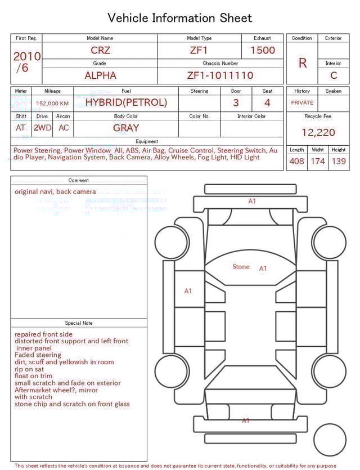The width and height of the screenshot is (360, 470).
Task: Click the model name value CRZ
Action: [x=100, y=50]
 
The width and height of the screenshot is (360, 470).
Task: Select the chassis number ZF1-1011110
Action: [x=220, y=75]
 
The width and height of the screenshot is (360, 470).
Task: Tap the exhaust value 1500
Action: [x=262, y=50]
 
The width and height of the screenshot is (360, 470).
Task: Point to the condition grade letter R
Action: [x=302, y=62]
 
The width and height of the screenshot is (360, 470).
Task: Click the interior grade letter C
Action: [x=333, y=75]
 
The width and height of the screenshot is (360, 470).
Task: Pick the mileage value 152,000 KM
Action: [x=52, y=104]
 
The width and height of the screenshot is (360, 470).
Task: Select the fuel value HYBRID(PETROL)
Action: [x=126, y=102]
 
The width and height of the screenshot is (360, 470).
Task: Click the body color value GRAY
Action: [x=126, y=128]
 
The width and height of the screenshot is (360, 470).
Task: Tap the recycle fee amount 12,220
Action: [x=318, y=132]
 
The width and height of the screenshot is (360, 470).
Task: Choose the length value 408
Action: [x=296, y=162]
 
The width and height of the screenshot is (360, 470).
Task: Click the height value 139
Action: [x=338, y=162]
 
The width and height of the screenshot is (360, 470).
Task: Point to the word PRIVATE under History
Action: [x=302, y=103]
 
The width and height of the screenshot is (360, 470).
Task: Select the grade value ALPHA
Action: [x=100, y=75]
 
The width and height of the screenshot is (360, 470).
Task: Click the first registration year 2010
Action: [x=26, y=56]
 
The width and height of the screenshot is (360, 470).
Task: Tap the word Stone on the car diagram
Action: [x=241, y=267]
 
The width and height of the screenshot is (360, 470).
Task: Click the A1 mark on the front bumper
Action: [x=252, y=201]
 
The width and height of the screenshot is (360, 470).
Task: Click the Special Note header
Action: [x=79, y=323]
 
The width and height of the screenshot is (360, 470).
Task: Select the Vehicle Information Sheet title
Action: [x=180, y=18]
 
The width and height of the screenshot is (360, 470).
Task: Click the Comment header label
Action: [x=79, y=181]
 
